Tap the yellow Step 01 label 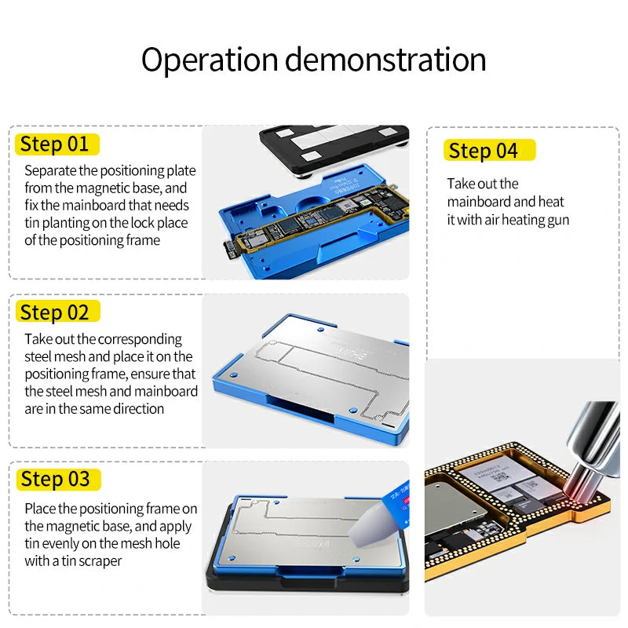coord(55,144)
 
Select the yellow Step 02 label coord(55,312)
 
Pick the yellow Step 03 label coord(56,479)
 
